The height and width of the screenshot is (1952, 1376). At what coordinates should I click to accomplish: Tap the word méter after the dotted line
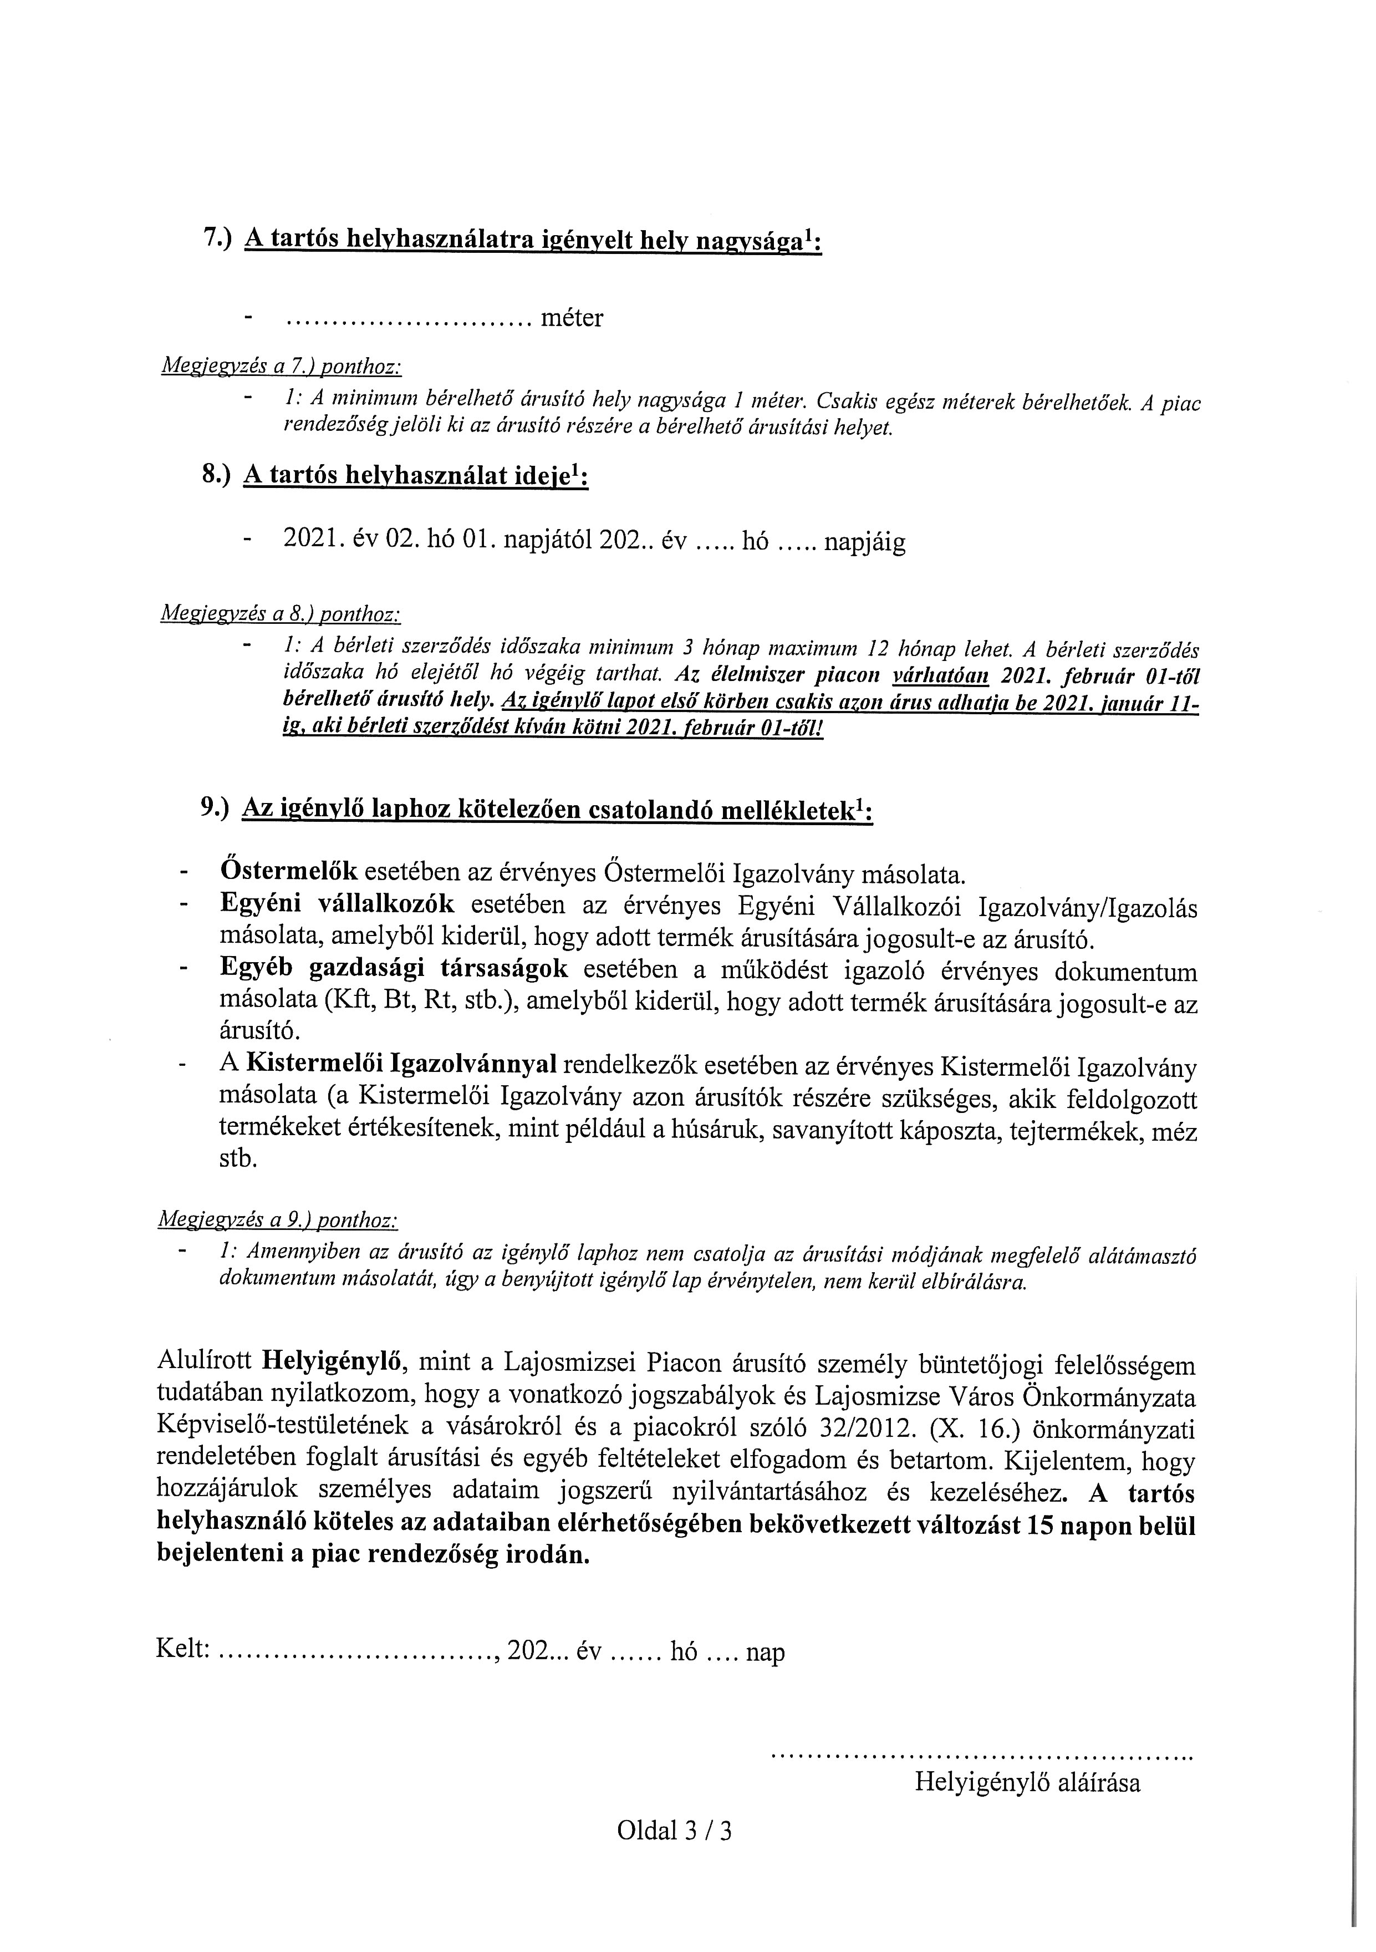pos(572,319)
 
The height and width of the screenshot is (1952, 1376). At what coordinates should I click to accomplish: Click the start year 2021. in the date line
pos(313,542)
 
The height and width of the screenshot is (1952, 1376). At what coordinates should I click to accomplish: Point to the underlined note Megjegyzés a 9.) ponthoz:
pos(278,1221)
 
